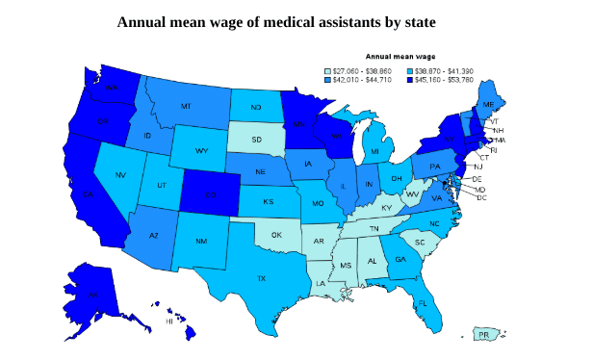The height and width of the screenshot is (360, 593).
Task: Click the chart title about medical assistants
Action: (x=296, y=20)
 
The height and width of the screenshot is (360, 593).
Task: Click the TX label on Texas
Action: (x=261, y=278)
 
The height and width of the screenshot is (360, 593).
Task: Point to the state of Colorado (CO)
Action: (x=211, y=193)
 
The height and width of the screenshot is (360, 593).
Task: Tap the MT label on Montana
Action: (x=185, y=106)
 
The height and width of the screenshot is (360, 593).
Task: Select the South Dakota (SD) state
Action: (x=257, y=141)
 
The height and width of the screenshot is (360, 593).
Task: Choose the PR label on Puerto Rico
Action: (x=483, y=335)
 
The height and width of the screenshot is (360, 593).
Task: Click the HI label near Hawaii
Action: (x=169, y=321)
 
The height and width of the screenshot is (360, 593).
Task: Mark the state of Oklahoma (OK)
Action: (x=276, y=234)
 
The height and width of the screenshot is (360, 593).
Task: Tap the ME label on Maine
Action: (x=488, y=103)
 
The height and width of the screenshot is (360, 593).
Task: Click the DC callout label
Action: (x=481, y=197)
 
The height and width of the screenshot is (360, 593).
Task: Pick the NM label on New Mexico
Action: (x=200, y=241)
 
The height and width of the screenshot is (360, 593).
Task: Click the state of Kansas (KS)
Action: (x=269, y=203)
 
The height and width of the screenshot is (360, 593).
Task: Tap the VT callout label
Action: (x=494, y=122)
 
